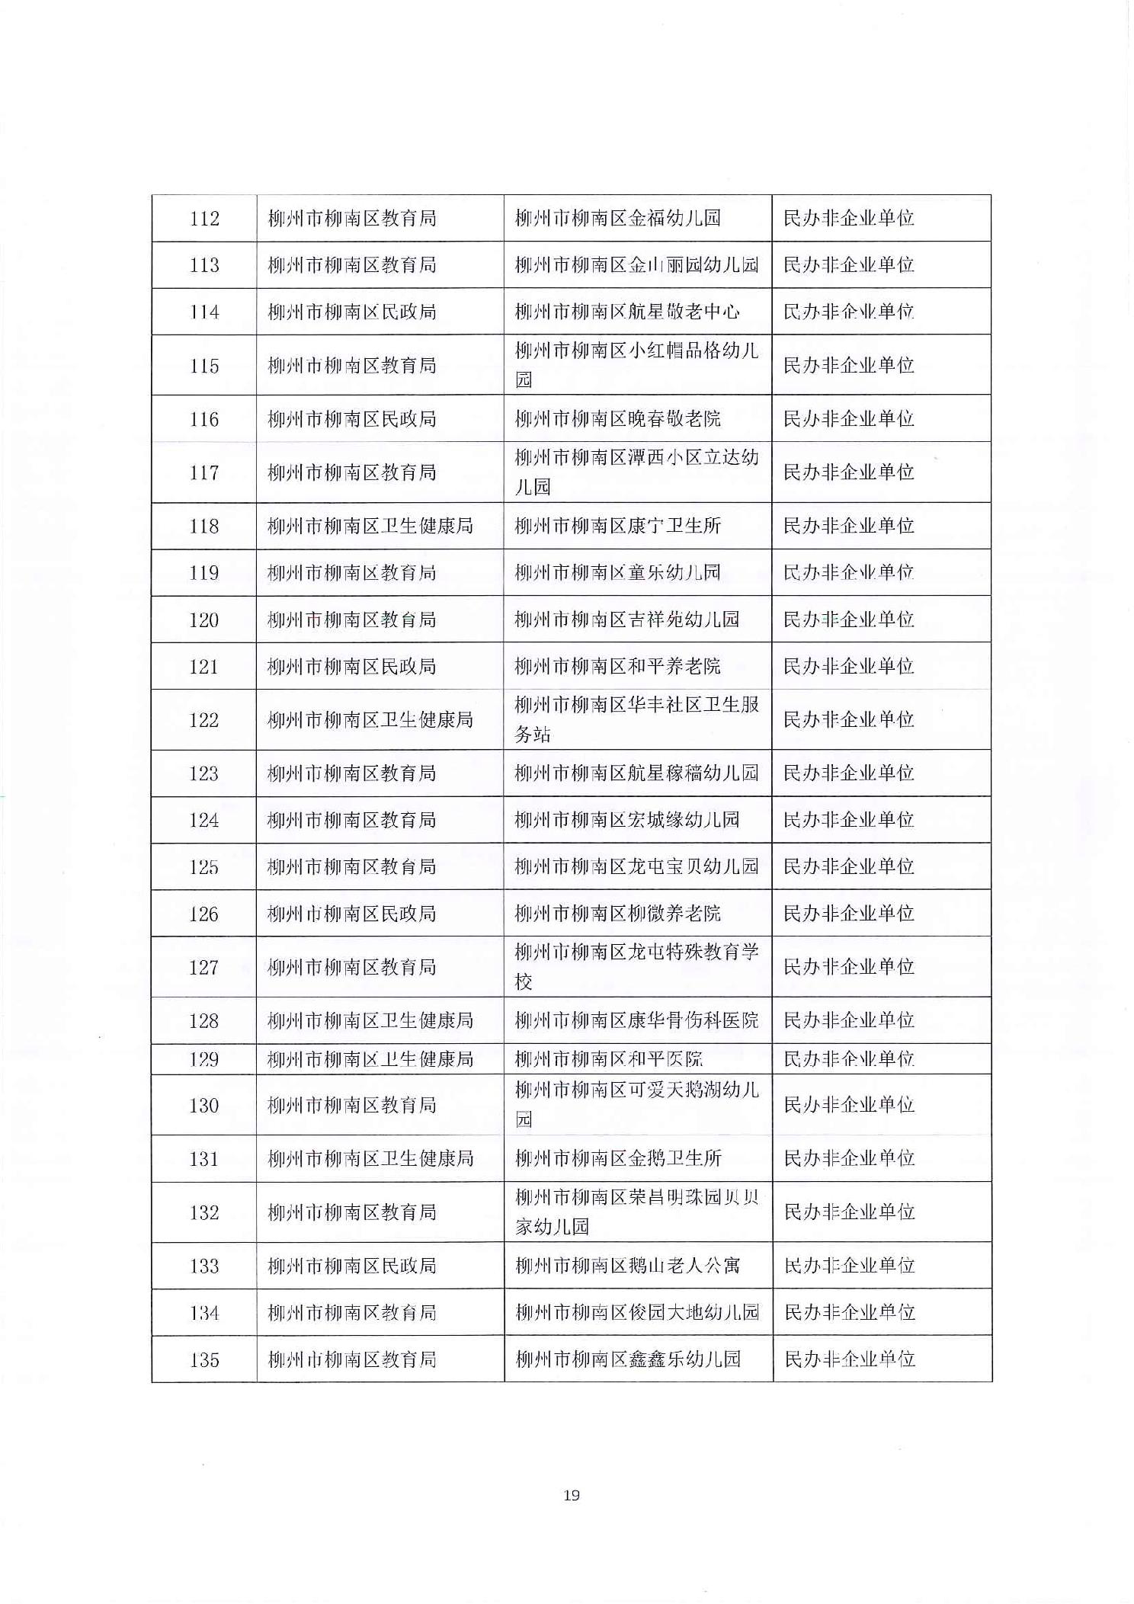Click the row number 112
[x=204, y=219]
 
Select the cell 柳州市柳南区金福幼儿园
[x=617, y=219]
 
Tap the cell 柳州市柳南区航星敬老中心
[x=626, y=312]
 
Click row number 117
[x=204, y=472]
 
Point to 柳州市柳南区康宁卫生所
[x=617, y=526]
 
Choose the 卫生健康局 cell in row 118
[x=370, y=526]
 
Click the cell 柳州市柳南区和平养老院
[x=617, y=667]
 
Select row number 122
[x=204, y=720]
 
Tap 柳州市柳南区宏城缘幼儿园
[x=626, y=820]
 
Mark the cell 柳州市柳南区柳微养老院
[x=617, y=913]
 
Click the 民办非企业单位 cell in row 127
[x=848, y=967]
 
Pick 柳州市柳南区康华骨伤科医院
[x=636, y=1020]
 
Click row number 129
[x=204, y=1059]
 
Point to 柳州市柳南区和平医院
[x=608, y=1059]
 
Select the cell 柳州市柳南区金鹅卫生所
[x=617, y=1159]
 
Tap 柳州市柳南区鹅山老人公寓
[x=626, y=1266]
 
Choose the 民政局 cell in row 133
[x=351, y=1266]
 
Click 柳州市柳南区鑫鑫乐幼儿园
[x=627, y=1359]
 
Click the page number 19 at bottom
[x=572, y=1495]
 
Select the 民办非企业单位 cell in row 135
[x=849, y=1359]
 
